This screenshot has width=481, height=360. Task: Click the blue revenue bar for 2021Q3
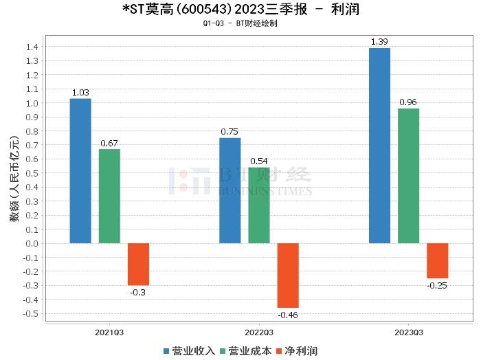(80, 171)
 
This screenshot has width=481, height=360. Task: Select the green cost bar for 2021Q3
(109, 196)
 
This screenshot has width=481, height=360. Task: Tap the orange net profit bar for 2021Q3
(138, 265)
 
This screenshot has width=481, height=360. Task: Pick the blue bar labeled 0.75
(230, 190)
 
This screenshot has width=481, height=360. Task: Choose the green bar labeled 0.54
(259, 205)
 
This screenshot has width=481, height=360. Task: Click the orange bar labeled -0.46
(288, 275)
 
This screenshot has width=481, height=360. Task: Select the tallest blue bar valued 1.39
(379, 146)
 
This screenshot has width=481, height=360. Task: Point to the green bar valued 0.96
(408, 176)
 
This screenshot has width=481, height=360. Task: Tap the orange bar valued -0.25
(437, 260)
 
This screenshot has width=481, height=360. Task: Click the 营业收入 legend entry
(190, 351)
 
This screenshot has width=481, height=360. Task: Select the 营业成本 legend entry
(245, 351)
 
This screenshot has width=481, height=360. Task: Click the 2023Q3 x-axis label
(408, 332)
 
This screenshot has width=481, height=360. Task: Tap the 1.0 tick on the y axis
(33, 103)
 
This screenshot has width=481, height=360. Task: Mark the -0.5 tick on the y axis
(32, 313)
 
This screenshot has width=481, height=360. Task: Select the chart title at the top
(240, 10)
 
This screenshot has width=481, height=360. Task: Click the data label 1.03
(80, 92)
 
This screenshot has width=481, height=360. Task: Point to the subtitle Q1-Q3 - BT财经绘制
(240, 23)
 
